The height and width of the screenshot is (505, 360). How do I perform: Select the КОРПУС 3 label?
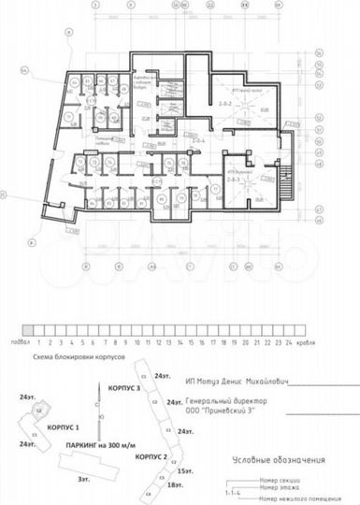(x=124, y=386)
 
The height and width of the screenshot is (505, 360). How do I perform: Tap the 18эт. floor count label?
(x=173, y=486)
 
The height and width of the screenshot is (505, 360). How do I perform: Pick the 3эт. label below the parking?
(x=84, y=478)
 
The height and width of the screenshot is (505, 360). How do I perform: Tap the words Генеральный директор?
(x=227, y=400)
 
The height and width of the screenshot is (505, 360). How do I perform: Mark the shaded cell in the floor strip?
(x=29, y=330)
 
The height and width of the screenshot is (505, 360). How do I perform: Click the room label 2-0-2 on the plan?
(x=224, y=102)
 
